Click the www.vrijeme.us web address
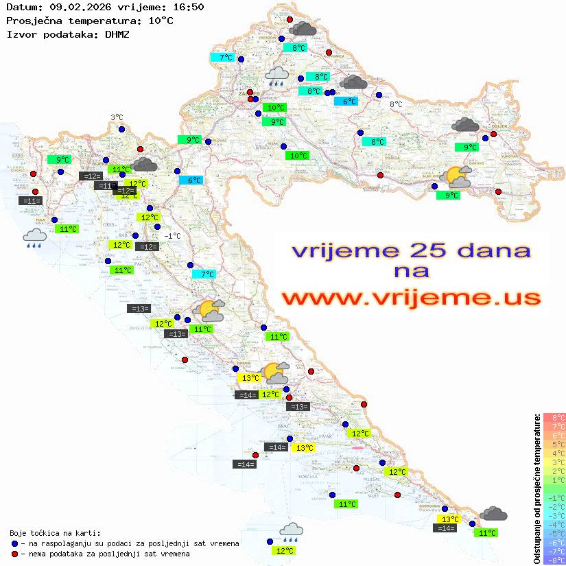(x=411, y=298)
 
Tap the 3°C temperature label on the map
(x=117, y=117)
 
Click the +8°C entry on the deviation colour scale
(x=554, y=418)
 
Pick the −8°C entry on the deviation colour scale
(x=554, y=561)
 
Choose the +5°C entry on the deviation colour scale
(x=554, y=445)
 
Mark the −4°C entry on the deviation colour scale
(x=554, y=525)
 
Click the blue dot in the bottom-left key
(x=15, y=543)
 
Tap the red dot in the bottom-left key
(x=15, y=554)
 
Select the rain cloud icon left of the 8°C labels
(x=277, y=75)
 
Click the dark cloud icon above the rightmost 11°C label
(x=493, y=514)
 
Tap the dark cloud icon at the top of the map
(x=303, y=28)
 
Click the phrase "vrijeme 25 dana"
(x=411, y=250)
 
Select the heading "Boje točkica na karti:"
(x=55, y=533)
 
